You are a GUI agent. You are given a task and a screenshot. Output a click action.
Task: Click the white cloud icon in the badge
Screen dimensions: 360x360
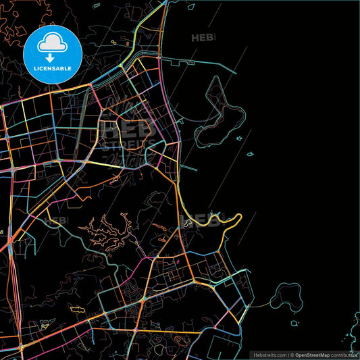click(x=51, y=44)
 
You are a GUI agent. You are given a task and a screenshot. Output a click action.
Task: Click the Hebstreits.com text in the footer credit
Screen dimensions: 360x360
click(x=269, y=355)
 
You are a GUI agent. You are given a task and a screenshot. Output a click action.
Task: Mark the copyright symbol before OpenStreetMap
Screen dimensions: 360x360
click(x=292, y=355)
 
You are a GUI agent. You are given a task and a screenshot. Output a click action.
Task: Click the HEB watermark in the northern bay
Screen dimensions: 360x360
click(x=205, y=38)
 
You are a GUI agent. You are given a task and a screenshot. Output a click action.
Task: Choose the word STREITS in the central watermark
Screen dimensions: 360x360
click(x=128, y=144)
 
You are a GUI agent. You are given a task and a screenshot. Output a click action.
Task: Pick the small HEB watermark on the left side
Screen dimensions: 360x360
click(x=55, y=220)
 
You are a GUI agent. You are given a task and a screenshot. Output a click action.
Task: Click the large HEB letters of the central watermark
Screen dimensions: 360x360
click(x=128, y=128)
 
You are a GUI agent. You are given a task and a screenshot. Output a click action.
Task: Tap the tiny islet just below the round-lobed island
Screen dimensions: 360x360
click(x=294, y=324)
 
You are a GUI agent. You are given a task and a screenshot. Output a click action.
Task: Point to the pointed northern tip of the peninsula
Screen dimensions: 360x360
click(x=216, y=79)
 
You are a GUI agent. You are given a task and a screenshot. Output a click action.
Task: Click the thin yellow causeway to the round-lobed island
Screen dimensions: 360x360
click(x=260, y=305)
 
